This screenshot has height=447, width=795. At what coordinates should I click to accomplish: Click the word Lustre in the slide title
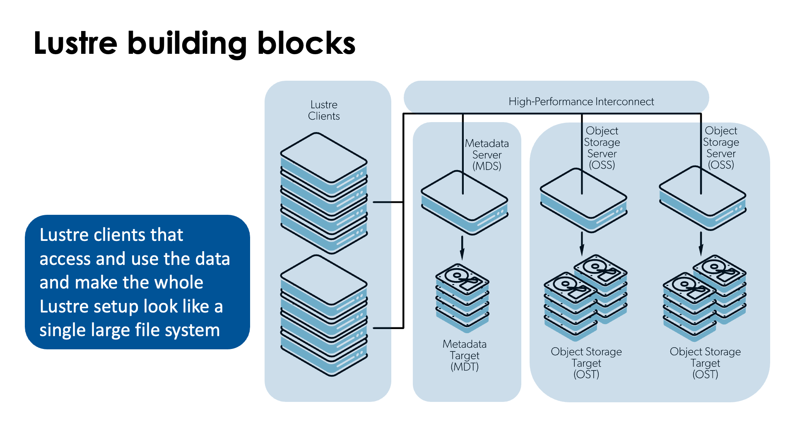pyautogui.click(x=75, y=43)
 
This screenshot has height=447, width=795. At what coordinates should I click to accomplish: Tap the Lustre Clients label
pyautogui.click(x=324, y=110)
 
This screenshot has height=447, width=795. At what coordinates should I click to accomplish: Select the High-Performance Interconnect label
pyautogui.click(x=581, y=101)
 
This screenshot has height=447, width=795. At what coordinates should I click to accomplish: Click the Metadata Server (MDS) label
pyautogui.click(x=487, y=155)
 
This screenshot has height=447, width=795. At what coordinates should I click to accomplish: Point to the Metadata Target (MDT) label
pyautogui.click(x=465, y=355)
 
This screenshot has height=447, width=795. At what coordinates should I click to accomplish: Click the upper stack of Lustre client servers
pyautogui.click(x=324, y=192)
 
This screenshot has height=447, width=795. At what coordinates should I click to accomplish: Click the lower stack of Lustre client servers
pyautogui.click(x=324, y=315)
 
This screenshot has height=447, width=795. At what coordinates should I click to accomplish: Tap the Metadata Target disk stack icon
pyautogui.click(x=462, y=297)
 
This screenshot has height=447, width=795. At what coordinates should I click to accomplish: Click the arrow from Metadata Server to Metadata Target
pyautogui.click(x=462, y=248)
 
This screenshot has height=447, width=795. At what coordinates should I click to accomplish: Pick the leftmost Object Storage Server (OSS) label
pyautogui.click(x=602, y=148)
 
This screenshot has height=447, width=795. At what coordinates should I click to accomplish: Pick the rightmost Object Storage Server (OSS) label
pyautogui.click(x=721, y=148)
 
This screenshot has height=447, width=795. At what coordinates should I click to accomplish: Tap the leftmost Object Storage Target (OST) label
pyautogui.click(x=586, y=363)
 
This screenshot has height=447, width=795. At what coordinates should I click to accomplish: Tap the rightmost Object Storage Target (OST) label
pyautogui.click(x=705, y=363)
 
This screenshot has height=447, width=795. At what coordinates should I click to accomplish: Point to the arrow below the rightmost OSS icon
pyautogui.click(x=701, y=244)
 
